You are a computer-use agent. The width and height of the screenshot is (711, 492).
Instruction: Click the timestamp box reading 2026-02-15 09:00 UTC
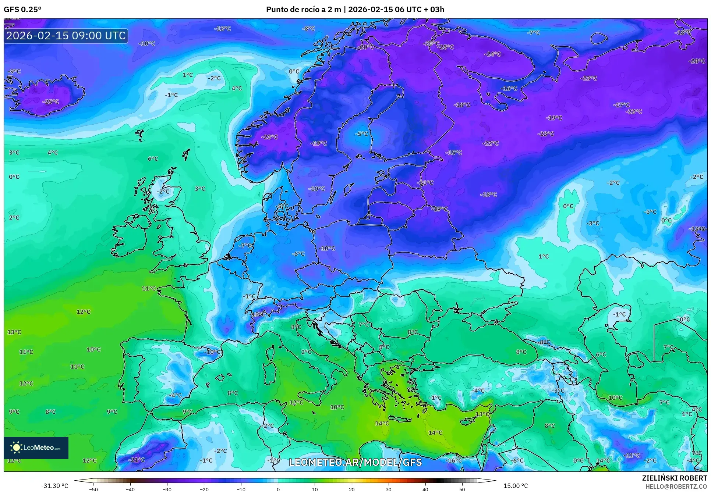(x=66, y=36)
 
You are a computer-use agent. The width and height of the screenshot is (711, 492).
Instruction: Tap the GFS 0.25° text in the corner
(x=22, y=10)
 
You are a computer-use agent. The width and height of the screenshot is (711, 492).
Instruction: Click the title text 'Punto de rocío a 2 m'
(x=303, y=10)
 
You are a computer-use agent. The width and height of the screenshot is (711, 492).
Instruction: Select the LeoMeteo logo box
(x=36, y=448)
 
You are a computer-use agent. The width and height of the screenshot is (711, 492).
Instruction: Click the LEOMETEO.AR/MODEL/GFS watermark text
(x=355, y=462)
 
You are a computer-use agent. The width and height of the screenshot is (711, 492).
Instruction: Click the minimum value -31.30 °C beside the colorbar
(x=54, y=486)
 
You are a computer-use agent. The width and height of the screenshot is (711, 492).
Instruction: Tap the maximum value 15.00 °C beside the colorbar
(x=516, y=486)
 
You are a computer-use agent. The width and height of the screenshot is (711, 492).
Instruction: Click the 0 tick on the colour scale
(x=278, y=489)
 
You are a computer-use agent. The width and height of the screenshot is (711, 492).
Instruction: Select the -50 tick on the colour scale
(x=93, y=489)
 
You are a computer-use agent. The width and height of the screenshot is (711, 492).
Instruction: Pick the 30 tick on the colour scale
(x=389, y=489)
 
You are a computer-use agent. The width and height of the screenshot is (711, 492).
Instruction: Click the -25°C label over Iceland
(x=51, y=101)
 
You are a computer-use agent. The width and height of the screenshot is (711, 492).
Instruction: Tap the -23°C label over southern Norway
(x=270, y=137)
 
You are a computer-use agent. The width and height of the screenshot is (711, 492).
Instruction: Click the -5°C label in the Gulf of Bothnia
(x=361, y=134)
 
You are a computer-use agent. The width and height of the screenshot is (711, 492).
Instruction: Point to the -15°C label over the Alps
(x=257, y=314)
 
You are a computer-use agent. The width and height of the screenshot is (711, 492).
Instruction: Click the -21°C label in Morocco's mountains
(x=137, y=460)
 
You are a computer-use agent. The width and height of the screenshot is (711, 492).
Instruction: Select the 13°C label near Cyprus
(x=482, y=414)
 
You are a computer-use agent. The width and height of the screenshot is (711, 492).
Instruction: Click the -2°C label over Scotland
(x=163, y=192)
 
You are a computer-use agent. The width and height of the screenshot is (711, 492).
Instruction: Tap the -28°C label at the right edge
(x=697, y=61)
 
